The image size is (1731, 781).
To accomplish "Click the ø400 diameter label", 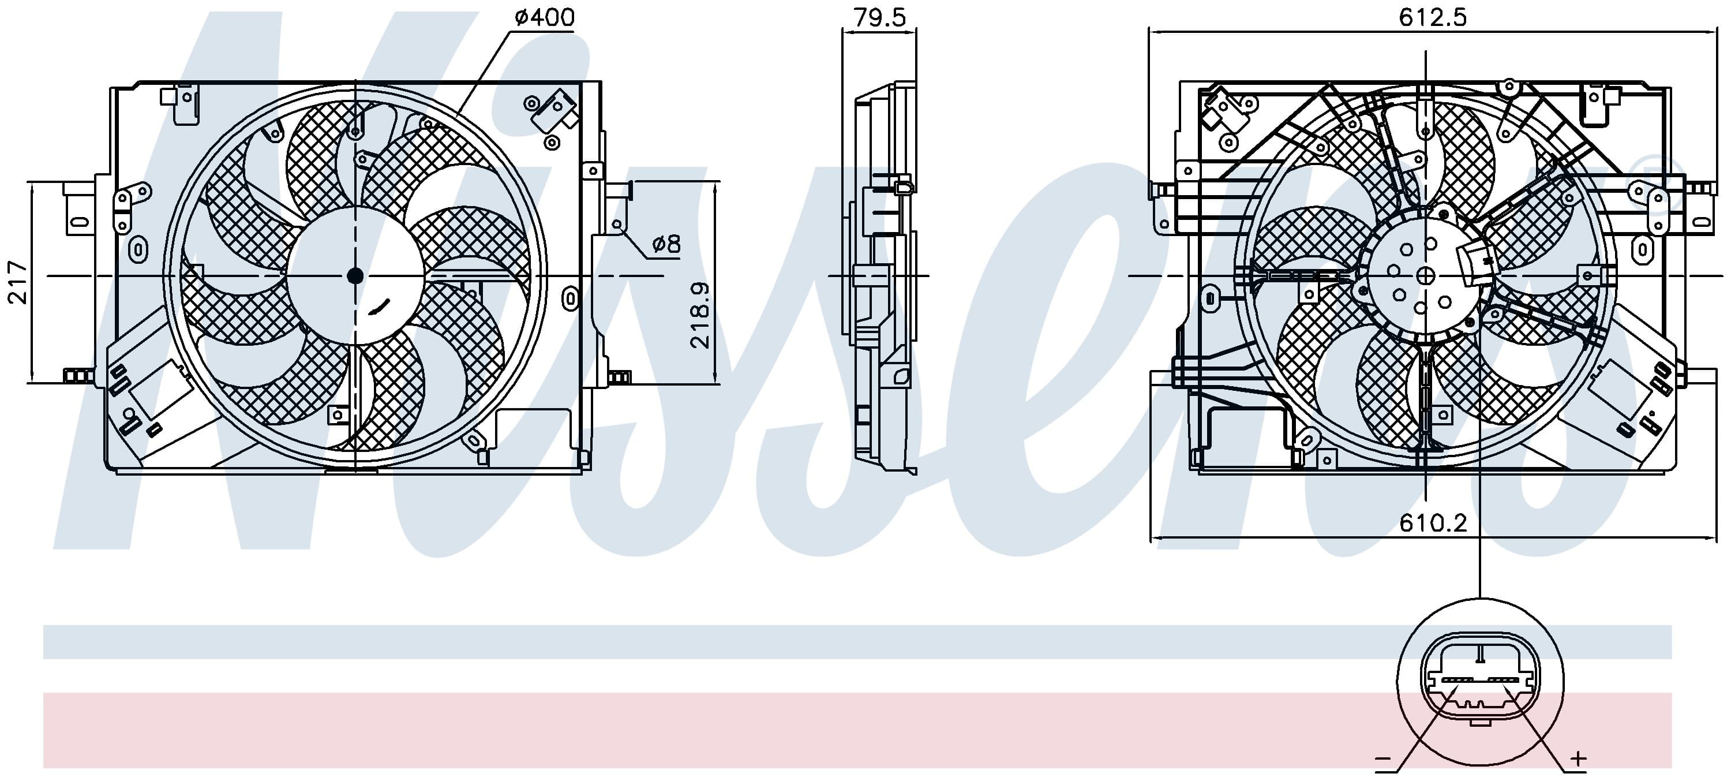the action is click(x=544, y=17).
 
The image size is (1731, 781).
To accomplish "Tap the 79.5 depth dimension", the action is click(x=879, y=17).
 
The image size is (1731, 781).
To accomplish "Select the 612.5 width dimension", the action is click(x=1433, y=17).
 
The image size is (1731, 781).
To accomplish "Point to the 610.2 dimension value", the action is click(x=1433, y=522).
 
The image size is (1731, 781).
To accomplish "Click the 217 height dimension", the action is click(x=17, y=282).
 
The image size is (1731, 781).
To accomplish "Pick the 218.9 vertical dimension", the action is click(x=699, y=315).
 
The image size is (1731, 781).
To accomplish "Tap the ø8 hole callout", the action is click(x=666, y=244).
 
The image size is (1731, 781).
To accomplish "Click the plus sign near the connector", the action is click(x=1577, y=760).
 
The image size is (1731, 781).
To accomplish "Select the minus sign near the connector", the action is click(x=1383, y=761).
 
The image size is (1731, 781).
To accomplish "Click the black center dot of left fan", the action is click(x=355, y=275).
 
